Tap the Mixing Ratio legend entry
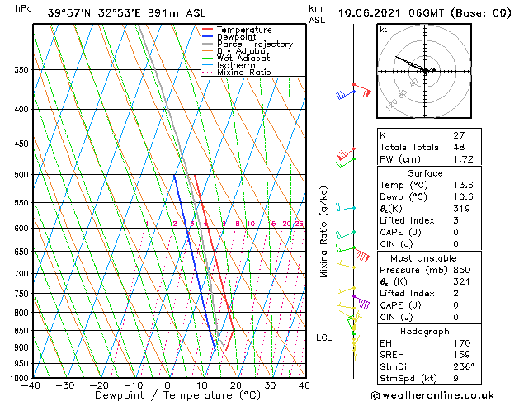[243, 73]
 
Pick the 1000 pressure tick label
[17, 378]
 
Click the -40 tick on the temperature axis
[31, 385]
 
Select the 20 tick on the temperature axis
[236, 385]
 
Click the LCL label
[324, 337]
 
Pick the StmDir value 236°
[463, 366]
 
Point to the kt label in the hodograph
[384, 29]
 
